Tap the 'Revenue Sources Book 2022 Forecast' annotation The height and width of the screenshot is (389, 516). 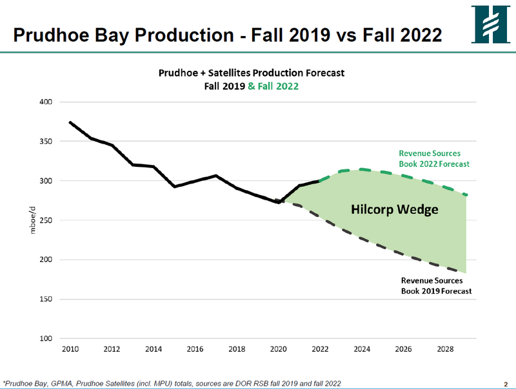click(x=433, y=158)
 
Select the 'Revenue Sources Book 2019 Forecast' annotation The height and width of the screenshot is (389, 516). click(x=436, y=286)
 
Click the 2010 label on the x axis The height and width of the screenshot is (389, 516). click(x=70, y=350)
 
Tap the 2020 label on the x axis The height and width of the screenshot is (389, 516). click(x=278, y=350)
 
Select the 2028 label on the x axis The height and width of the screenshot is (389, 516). click(x=445, y=350)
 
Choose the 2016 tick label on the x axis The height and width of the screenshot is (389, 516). click(x=195, y=350)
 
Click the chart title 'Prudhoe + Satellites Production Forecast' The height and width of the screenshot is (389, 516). click(x=252, y=73)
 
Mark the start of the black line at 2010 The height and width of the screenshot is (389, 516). click(x=70, y=122)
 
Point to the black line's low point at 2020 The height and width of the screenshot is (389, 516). click(x=278, y=202)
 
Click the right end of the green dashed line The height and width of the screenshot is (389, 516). click(x=466, y=194)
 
